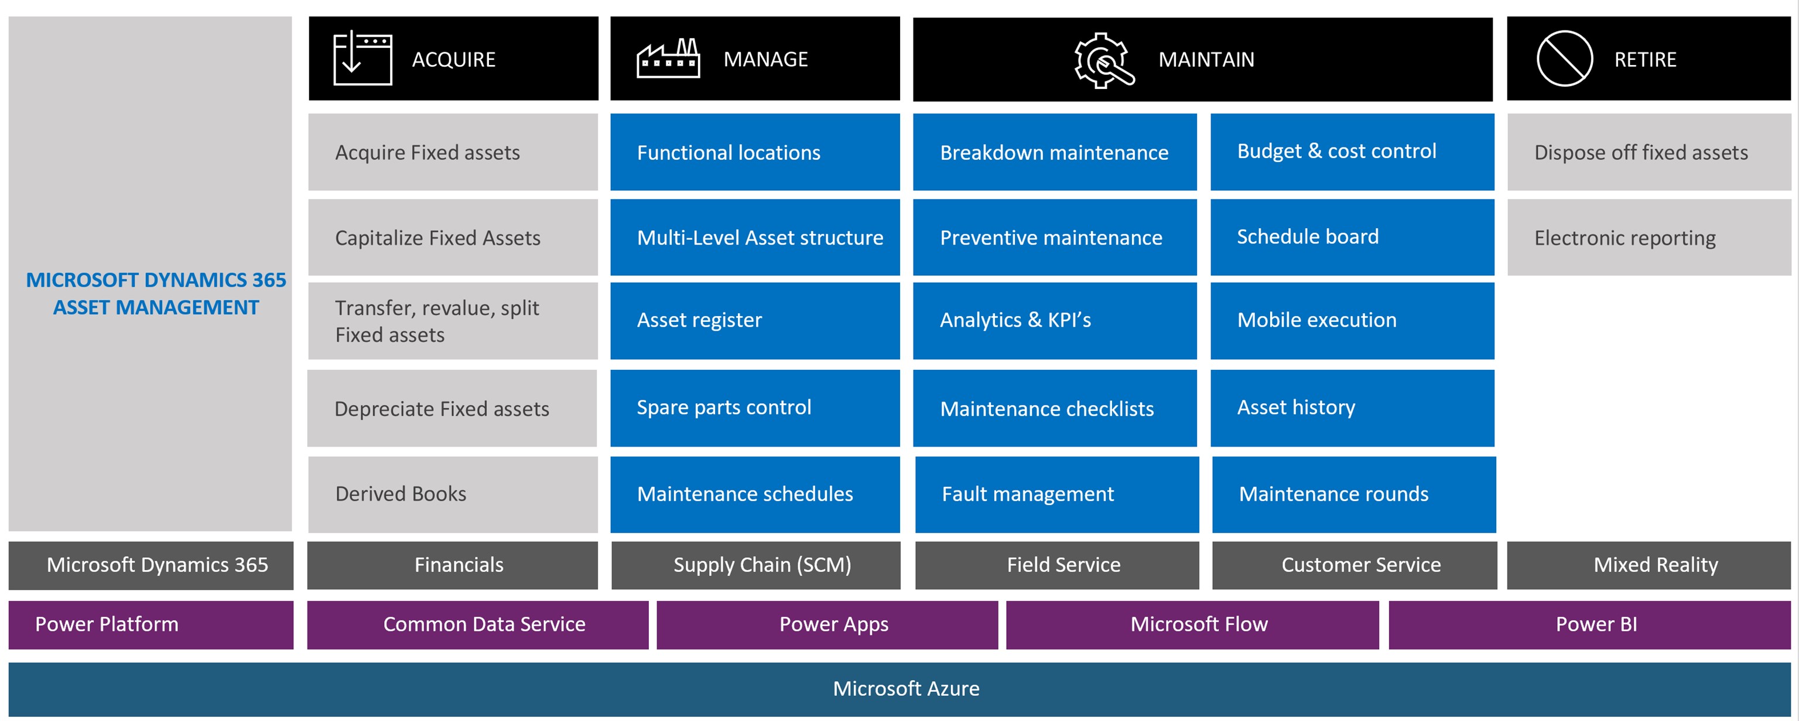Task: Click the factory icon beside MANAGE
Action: coord(668,59)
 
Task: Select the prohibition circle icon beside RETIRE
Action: coord(1564,59)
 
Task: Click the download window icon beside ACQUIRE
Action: coord(362,59)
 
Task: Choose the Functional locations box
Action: coord(755,152)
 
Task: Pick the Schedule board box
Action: coord(1352,237)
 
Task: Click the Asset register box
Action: coord(755,320)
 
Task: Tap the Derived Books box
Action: coord(453,494)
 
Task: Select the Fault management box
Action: coord(1056,494)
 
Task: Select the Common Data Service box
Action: coord(484,624)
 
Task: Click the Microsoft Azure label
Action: coord(906,689)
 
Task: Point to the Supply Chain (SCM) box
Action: coord(762,565)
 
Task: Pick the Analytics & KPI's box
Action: coord(1055,320)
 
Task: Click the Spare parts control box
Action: coord(755,408)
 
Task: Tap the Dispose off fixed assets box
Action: coord(1649,152)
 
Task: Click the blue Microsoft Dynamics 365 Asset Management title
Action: coord(156,294)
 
